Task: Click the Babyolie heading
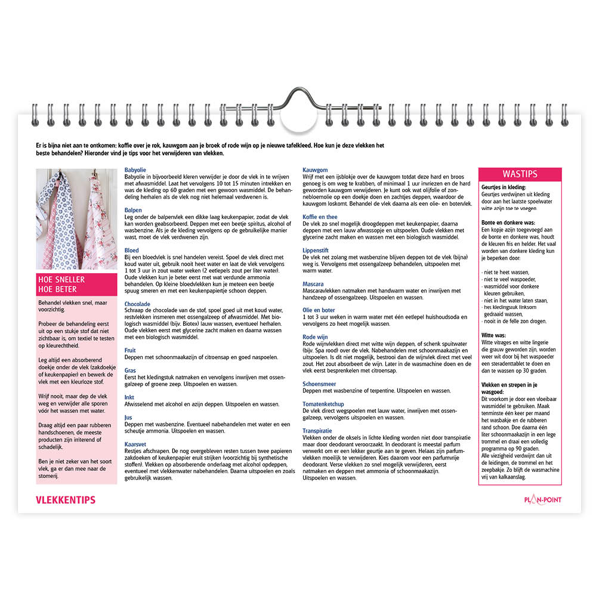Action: tap(135, 170)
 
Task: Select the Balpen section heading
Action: tap(133, 210)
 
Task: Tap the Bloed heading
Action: tap(131, 251)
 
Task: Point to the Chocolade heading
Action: tap(137, 304)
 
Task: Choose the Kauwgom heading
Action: tap(315, 170)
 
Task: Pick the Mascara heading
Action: tap(313, 284)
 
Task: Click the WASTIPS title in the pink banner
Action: tap(520, 174)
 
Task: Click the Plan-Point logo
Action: tap(542, 500)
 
